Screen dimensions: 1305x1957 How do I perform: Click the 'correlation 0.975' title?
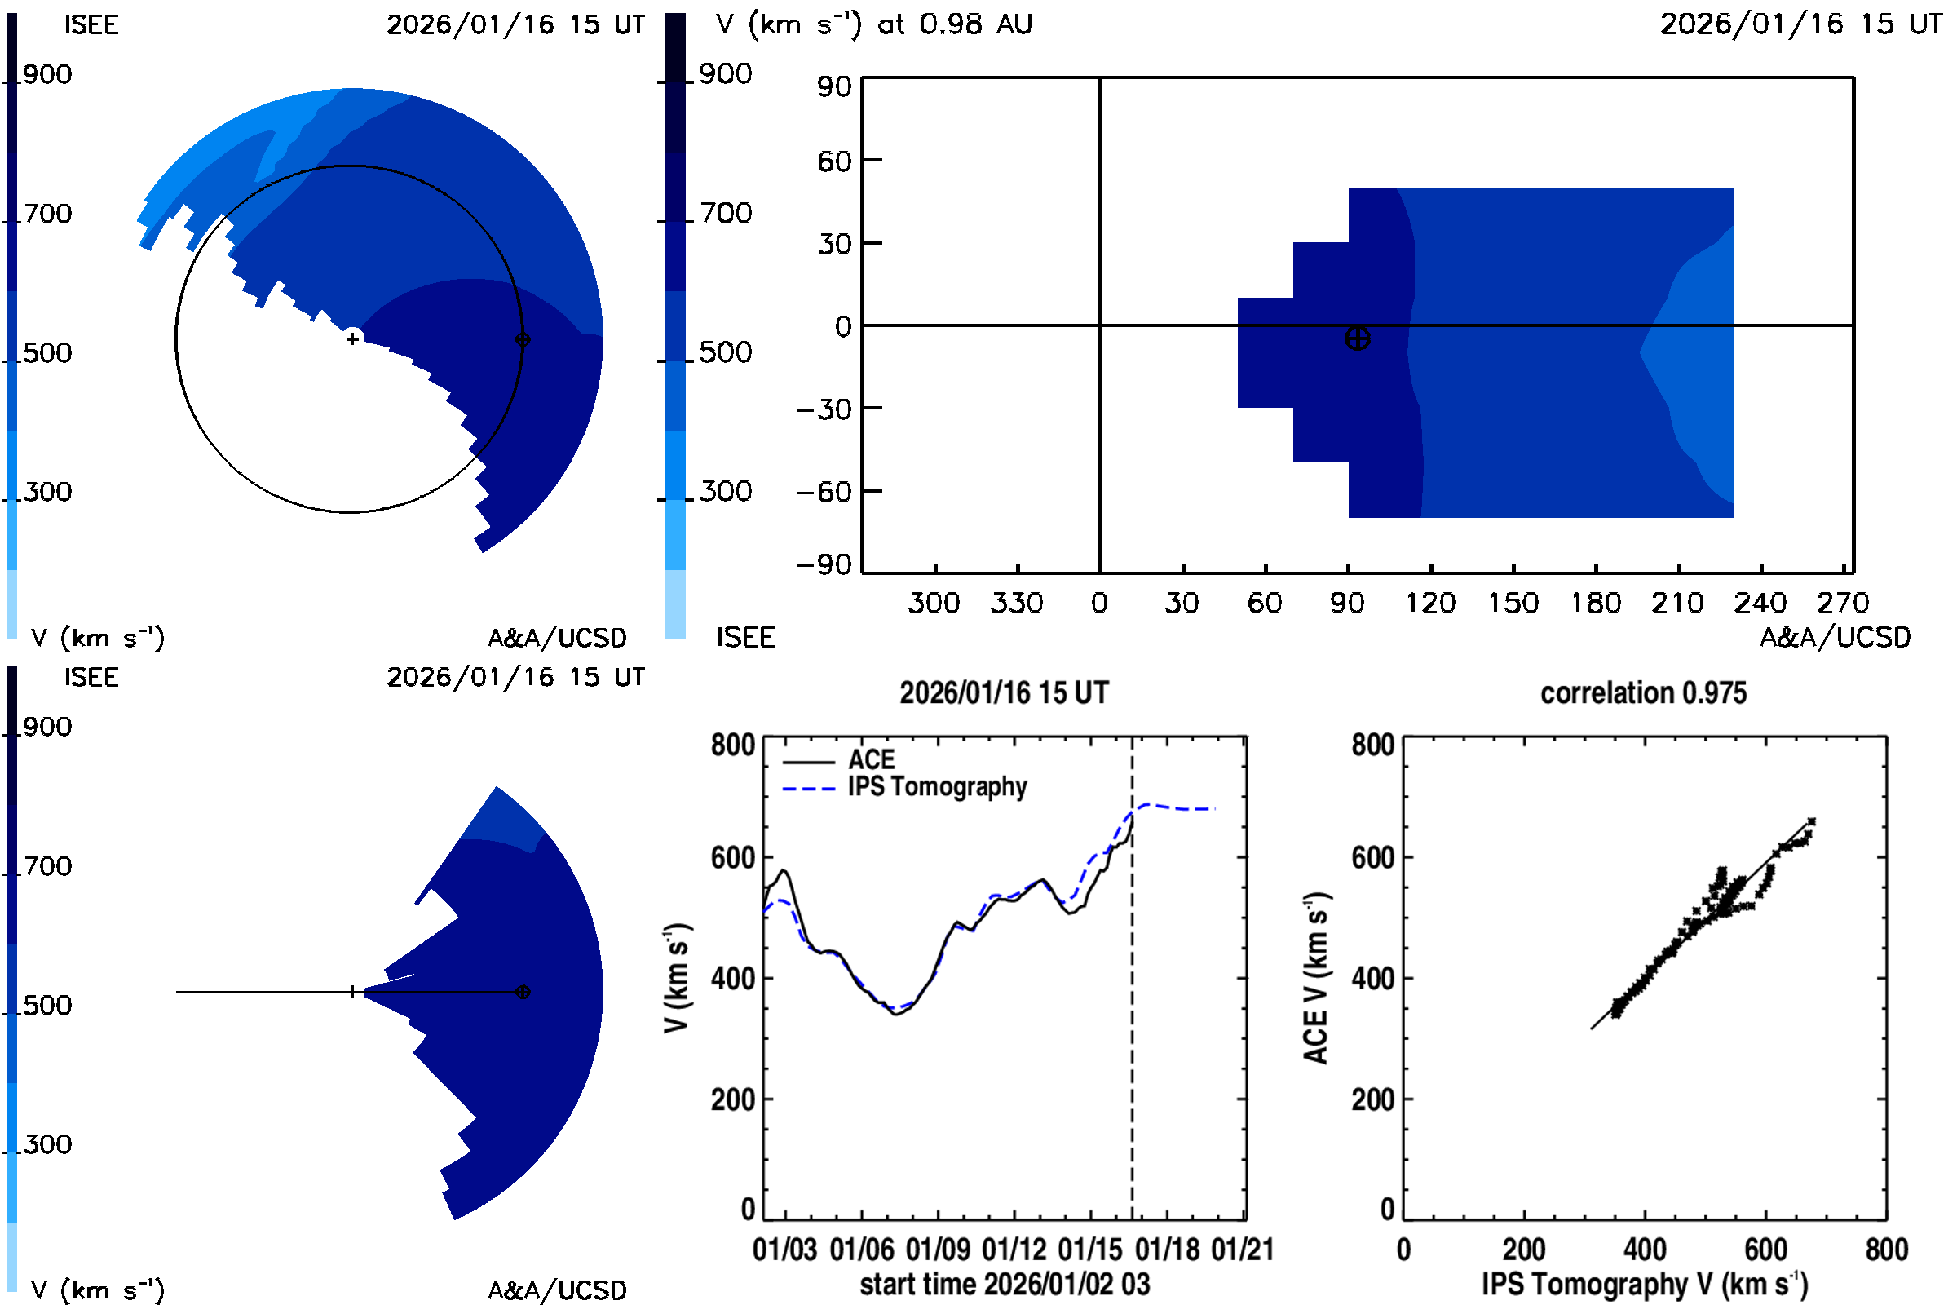(x=1642, y=693)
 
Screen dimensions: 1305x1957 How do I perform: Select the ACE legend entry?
(x=870, y=760)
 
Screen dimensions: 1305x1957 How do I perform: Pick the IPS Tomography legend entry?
(x=937, y=787)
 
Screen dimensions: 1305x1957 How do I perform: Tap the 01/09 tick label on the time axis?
(x=938, y=1250)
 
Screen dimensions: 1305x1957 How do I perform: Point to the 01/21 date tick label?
(x=1242, y=1250)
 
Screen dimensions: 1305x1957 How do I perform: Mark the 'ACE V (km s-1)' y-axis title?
(x=1316, y=978)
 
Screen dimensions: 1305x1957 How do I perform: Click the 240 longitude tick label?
(x=1760, y=604)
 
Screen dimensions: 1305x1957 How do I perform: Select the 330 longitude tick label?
(x=1016, y=604)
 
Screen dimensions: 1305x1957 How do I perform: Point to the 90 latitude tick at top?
(x=833, y=86)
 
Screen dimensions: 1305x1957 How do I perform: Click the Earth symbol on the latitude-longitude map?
(x=1357, y=338)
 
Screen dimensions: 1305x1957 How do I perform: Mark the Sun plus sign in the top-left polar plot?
(x=353, y=338)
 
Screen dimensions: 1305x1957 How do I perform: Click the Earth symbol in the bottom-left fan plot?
(x=523, y=992)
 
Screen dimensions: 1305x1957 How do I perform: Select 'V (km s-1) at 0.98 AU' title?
(x=873, y=24)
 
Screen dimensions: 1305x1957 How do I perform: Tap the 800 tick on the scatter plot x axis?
(x=1885, y=1250)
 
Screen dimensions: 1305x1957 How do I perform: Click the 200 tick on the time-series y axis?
(x=732, y=1100)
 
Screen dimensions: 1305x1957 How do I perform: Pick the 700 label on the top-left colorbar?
(x=47, y=214)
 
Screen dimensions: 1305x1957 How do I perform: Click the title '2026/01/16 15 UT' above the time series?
(x=1004, y=693)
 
